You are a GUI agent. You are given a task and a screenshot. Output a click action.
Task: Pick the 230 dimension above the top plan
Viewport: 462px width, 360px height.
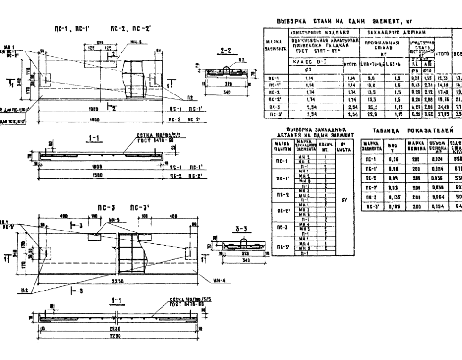coord(100,42)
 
